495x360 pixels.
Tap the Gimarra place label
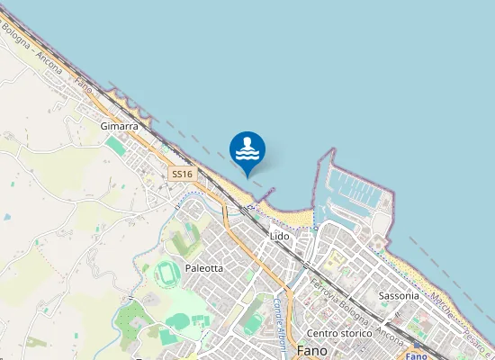tap(120, 127)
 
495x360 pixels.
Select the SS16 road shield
tap(182, 173)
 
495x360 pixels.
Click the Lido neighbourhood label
tap(279, 236)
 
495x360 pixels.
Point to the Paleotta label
tap(203, 268)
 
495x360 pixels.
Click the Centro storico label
tap(338, 333)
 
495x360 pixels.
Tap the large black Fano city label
tap(311, 351)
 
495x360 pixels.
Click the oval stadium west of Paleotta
tap(166, 274)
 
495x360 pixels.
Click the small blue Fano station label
tap(417, 356)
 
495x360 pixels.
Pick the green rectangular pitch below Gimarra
tap(115, 143)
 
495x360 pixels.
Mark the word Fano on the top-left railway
tap(83, 86)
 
